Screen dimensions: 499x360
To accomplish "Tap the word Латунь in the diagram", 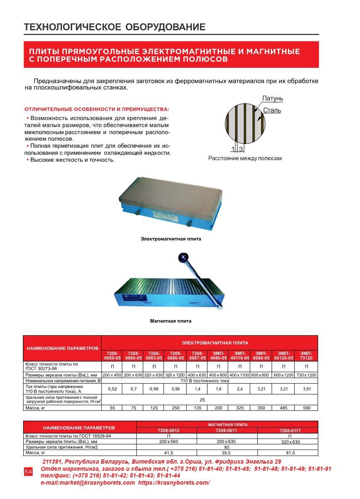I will pos(272,99).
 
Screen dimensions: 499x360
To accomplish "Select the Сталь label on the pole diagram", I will pos(272,110).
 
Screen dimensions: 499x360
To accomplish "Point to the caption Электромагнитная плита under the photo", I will pos(171,239).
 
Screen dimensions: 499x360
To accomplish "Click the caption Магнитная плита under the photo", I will pos(171,321).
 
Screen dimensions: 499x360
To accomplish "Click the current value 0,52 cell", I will pos(112,390).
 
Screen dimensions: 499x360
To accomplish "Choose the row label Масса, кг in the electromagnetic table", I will pos(36,407).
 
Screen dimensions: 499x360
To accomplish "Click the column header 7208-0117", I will pos(287,431).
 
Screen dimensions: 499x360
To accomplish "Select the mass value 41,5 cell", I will pos(167,453).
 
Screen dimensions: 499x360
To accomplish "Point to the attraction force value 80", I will pos(227,447).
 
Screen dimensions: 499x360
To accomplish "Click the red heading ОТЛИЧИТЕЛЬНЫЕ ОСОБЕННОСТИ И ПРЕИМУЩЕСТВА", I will pos(96,109).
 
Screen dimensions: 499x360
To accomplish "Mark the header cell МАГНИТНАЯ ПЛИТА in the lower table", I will pos(227,424).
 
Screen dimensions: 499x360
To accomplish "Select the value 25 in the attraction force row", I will pos(202,400).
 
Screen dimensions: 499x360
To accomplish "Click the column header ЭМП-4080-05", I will pos(218,355).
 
